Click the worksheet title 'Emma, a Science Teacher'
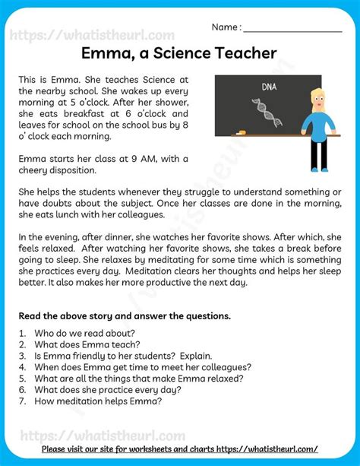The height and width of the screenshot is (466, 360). click(x=179, y=53)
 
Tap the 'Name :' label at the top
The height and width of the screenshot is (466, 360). click(x=226, y=27)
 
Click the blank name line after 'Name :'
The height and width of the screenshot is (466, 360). click(x=292, y=29)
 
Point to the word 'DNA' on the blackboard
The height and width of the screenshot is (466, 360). click(x=269, y=87)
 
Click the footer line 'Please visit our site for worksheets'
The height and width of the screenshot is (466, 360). click(x=180, y=449)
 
